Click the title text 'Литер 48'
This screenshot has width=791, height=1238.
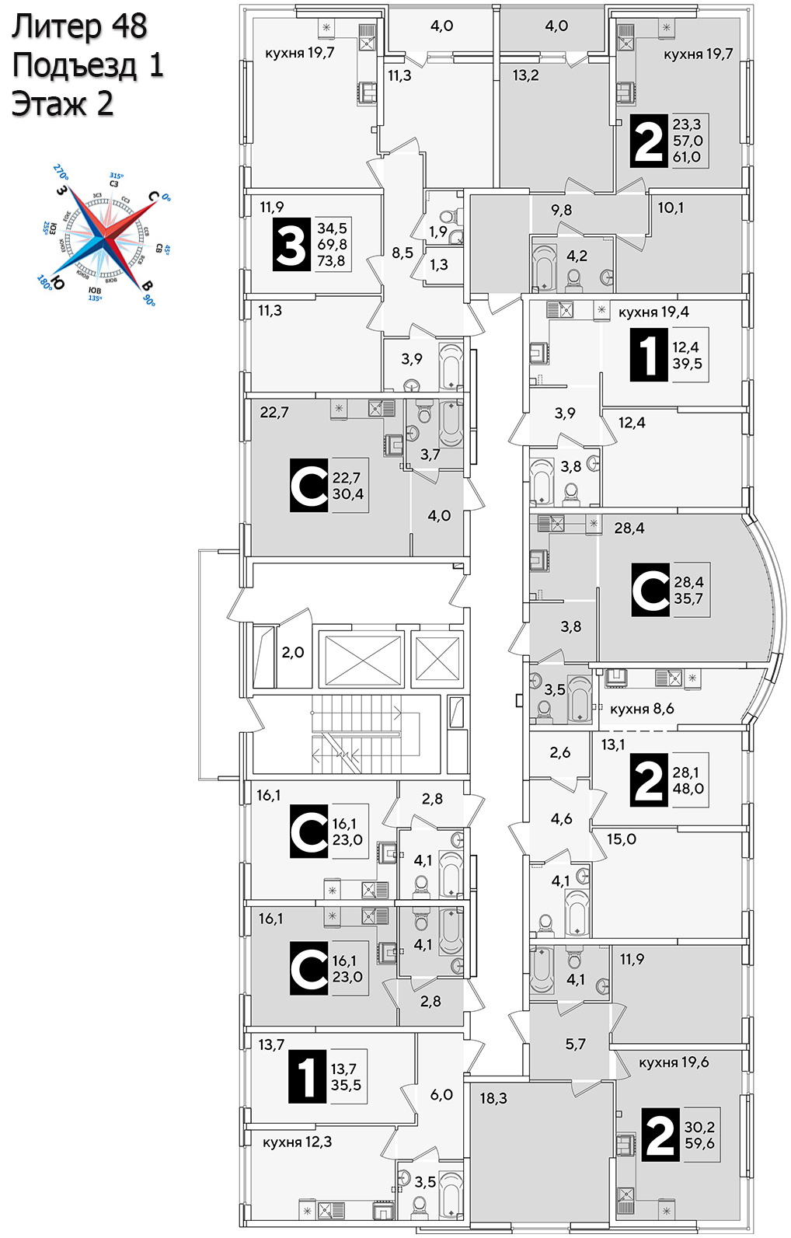[x=79, y=27]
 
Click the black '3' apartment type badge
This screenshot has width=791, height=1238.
[x=291, y=245]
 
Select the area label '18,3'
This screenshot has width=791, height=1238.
[x=493, y=1099]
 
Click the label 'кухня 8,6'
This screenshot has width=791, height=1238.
[x=642, y=709]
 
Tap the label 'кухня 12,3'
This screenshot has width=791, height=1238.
[x=297, y=1142]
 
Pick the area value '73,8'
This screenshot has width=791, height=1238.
[x=331, y=261]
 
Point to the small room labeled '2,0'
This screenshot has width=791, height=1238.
[x=292, y=653]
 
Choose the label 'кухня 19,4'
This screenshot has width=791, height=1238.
[x=653, y=312]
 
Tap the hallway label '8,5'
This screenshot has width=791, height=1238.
[x=402, y=253]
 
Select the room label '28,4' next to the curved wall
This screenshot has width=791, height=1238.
[x=629, y=528]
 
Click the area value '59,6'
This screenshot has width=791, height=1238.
[x=699, y=1144]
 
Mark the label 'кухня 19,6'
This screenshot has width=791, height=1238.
[x=674, y=1062]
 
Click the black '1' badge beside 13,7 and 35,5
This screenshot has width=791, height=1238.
[x=307, y=1077]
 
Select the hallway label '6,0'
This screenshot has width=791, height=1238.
[x=441, y=1094]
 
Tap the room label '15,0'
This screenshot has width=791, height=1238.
[x=621, y=839]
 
